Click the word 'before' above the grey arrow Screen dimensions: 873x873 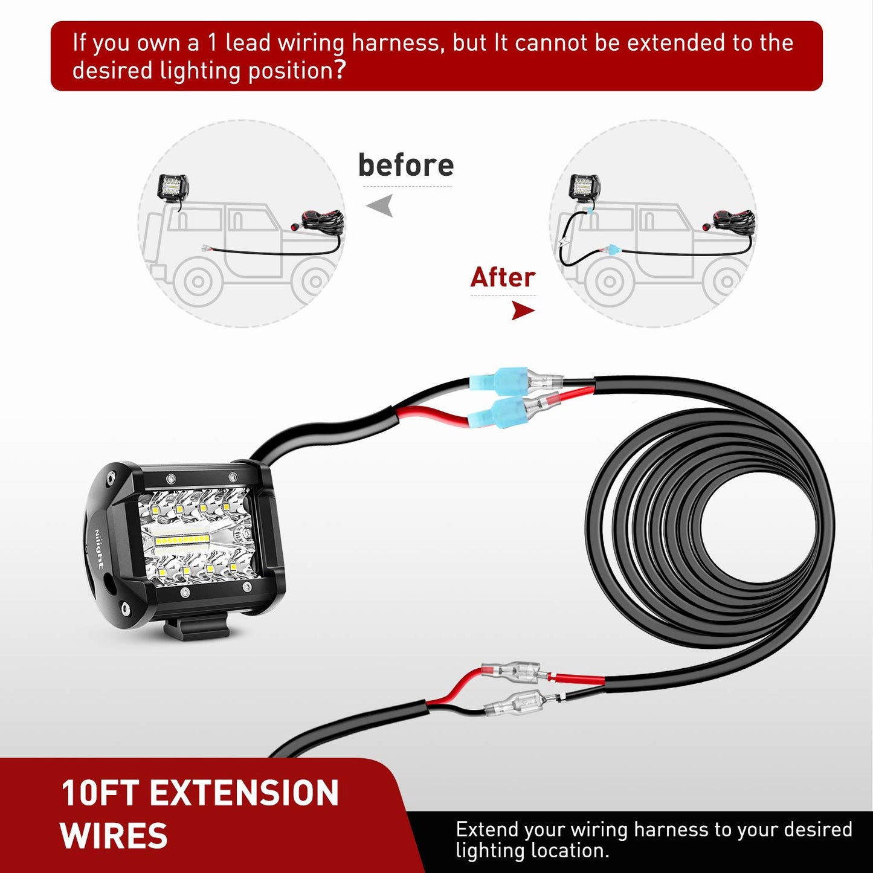(x=405, y=166)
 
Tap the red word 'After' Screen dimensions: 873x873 (x=503, y=278)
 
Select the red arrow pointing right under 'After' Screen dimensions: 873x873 (x=523, y=311)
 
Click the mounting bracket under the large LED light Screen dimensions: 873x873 (x=196, y=628)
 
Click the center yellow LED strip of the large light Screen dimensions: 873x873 (x=181, y=538)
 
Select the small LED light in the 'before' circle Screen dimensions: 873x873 (x=173, y=187)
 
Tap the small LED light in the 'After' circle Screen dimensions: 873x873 (x=585, y=186)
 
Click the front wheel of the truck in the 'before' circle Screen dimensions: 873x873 (x=198, y=281)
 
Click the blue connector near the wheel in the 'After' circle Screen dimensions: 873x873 (x=612, y=249)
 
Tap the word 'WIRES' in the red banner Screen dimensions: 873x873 (x=114, y=836)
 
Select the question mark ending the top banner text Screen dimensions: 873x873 (x=340, y=70)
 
